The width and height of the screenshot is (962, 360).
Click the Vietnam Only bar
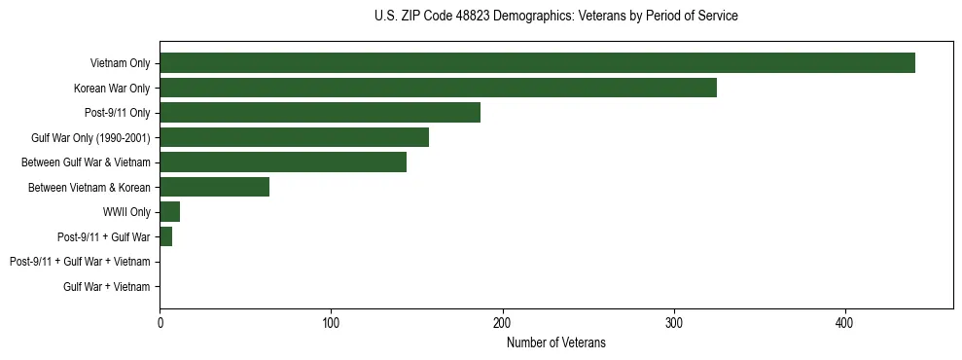point(537,63)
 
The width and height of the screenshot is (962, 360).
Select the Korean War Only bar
point(438,88)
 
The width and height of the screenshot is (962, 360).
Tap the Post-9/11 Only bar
point(320,113)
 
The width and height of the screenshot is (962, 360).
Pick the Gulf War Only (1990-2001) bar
point(294,137)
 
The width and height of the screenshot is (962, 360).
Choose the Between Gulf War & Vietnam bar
point(283,162)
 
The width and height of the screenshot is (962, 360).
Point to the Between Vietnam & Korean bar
point(214,187)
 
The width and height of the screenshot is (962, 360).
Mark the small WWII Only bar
point(169,212)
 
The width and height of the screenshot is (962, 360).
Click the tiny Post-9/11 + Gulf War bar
point(165,236)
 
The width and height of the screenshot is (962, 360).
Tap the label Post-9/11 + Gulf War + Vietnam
point(80,262)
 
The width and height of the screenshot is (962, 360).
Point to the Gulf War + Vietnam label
point(107,287)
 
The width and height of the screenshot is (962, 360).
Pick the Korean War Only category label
point(112,89)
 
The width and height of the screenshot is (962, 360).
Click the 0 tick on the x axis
point(160,323)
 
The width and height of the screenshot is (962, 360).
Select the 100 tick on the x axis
point(331,323)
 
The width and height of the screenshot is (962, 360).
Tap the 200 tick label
point(502,323)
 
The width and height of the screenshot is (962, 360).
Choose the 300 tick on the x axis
point(674,323)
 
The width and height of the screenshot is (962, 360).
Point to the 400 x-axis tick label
point(845,323)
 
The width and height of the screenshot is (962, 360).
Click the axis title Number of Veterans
point(555,342)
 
